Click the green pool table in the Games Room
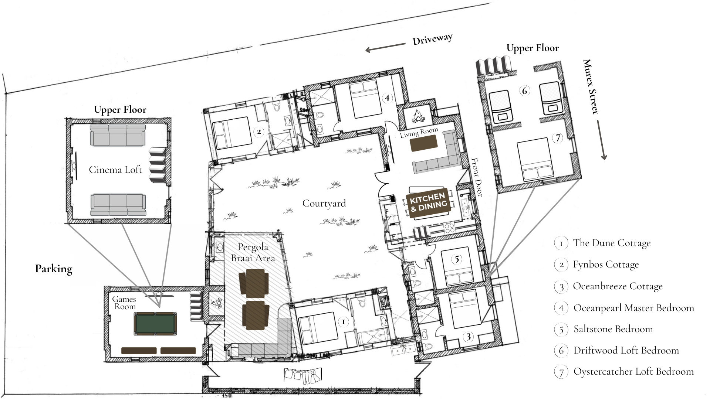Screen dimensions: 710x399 point(155,324)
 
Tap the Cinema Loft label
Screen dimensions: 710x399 point(115,170)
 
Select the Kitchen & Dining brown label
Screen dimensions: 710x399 point(428,203)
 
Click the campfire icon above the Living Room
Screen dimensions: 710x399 point(418,117)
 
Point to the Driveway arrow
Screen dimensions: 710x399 point(385,47)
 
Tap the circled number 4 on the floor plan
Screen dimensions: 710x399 point(387,98)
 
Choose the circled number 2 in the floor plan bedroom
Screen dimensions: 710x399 point(259,132)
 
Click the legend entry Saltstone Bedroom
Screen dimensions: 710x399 point(613,329)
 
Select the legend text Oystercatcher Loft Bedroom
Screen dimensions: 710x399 point(633,372)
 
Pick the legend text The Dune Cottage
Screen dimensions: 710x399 point(612,243)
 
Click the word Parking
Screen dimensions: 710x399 point(54,269)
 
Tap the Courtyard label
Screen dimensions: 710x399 point(324,204)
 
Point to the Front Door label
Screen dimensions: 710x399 point(477,177)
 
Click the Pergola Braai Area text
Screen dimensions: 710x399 point(253,252)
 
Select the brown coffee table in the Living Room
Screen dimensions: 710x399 point(424,143)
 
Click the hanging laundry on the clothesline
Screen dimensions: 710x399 point(302,376)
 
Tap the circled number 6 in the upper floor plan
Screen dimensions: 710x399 point(524,91)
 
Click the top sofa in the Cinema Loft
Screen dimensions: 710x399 point(118,135)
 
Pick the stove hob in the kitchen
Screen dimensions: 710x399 point(450,227)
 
